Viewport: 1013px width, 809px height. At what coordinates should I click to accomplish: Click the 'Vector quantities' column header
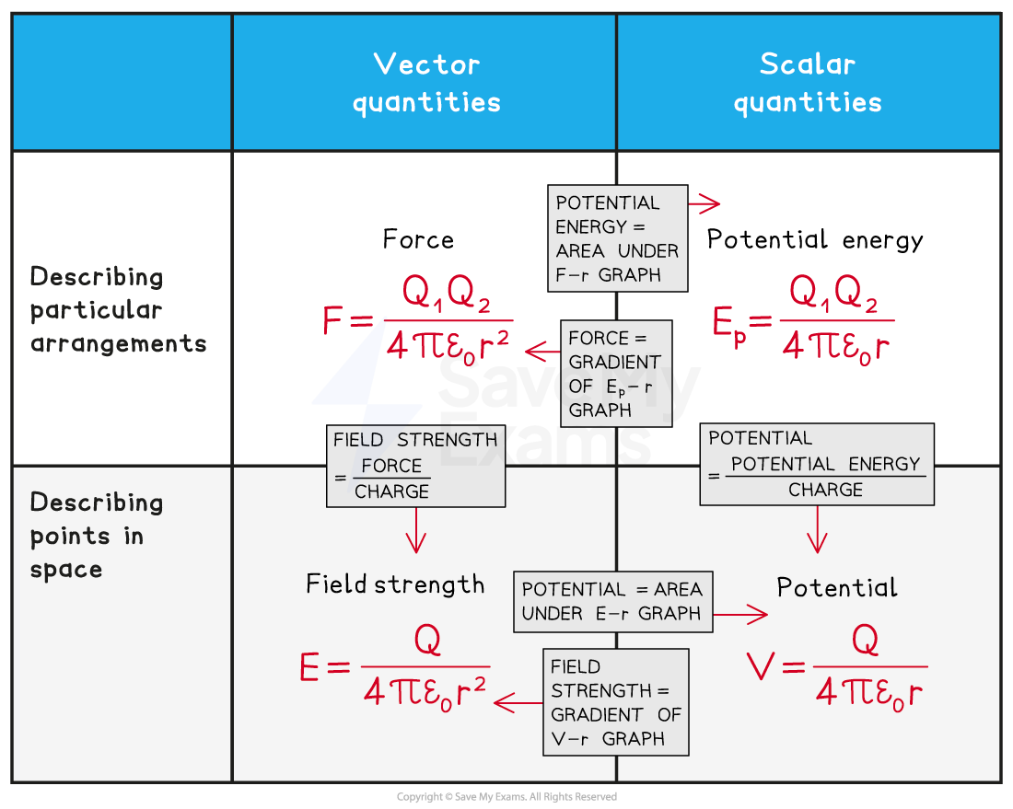[x=425, y=83]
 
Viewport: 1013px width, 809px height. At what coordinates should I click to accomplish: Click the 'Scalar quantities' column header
[x=808, y=83]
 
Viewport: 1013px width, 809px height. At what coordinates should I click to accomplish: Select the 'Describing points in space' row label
[x=97, y=536]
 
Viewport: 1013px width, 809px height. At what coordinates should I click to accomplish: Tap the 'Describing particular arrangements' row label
[x=118, y=310]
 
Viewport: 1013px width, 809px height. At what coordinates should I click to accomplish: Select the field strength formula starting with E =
[x=395, y=667]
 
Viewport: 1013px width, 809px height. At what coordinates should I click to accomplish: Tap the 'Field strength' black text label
[x=395, y=584]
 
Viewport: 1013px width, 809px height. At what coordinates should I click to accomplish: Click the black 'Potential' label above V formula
[x=836, y=587]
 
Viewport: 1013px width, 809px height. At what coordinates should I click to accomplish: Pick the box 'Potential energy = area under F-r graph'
[x=617, y=238]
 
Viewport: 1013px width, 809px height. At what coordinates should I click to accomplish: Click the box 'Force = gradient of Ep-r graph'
[x=616, y=373]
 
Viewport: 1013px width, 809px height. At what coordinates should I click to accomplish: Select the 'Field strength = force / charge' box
[x=415, y=466]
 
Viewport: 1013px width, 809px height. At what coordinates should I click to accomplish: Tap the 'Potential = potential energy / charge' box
[x=817, y=465]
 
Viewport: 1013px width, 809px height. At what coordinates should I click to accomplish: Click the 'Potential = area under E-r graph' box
[x=612, y=601]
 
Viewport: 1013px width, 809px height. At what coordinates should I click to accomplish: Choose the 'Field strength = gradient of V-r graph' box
[x=615, y=702]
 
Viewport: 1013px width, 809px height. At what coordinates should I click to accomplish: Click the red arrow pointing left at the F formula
[x=541, y=351]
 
